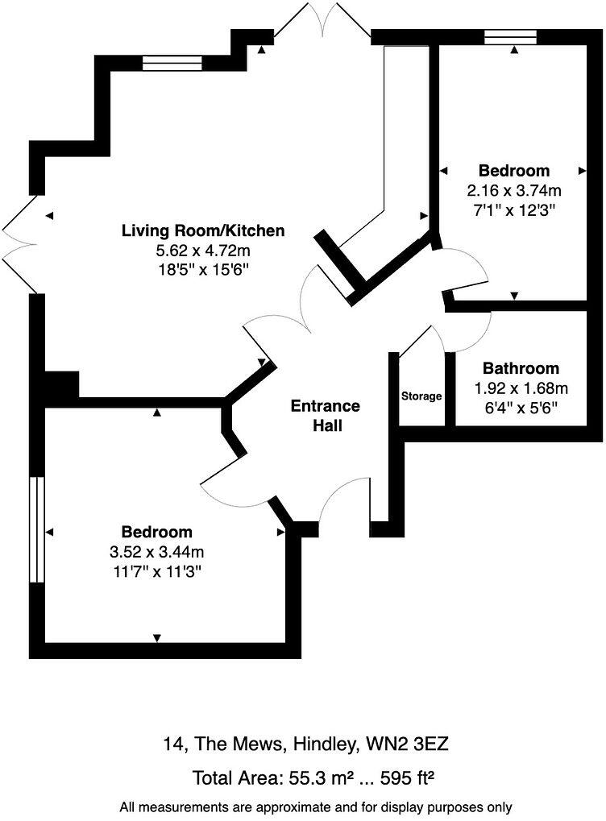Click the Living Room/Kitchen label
pyautogui.click(x=203, y=231)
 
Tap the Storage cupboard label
pyautogui.click(x=422, y=396)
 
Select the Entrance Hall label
pyautogui.click(x=326, y=416)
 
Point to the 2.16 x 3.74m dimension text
pyautogui.click(x=514, y=191)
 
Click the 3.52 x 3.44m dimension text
pyautogui.click(x=157, y=552)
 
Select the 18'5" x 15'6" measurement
pyautogui.click(x=203, y=270)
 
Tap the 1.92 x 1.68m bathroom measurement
pyautogui.click(x=521, y=388)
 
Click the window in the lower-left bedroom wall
pyautogui.click(x=36, y=529)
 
